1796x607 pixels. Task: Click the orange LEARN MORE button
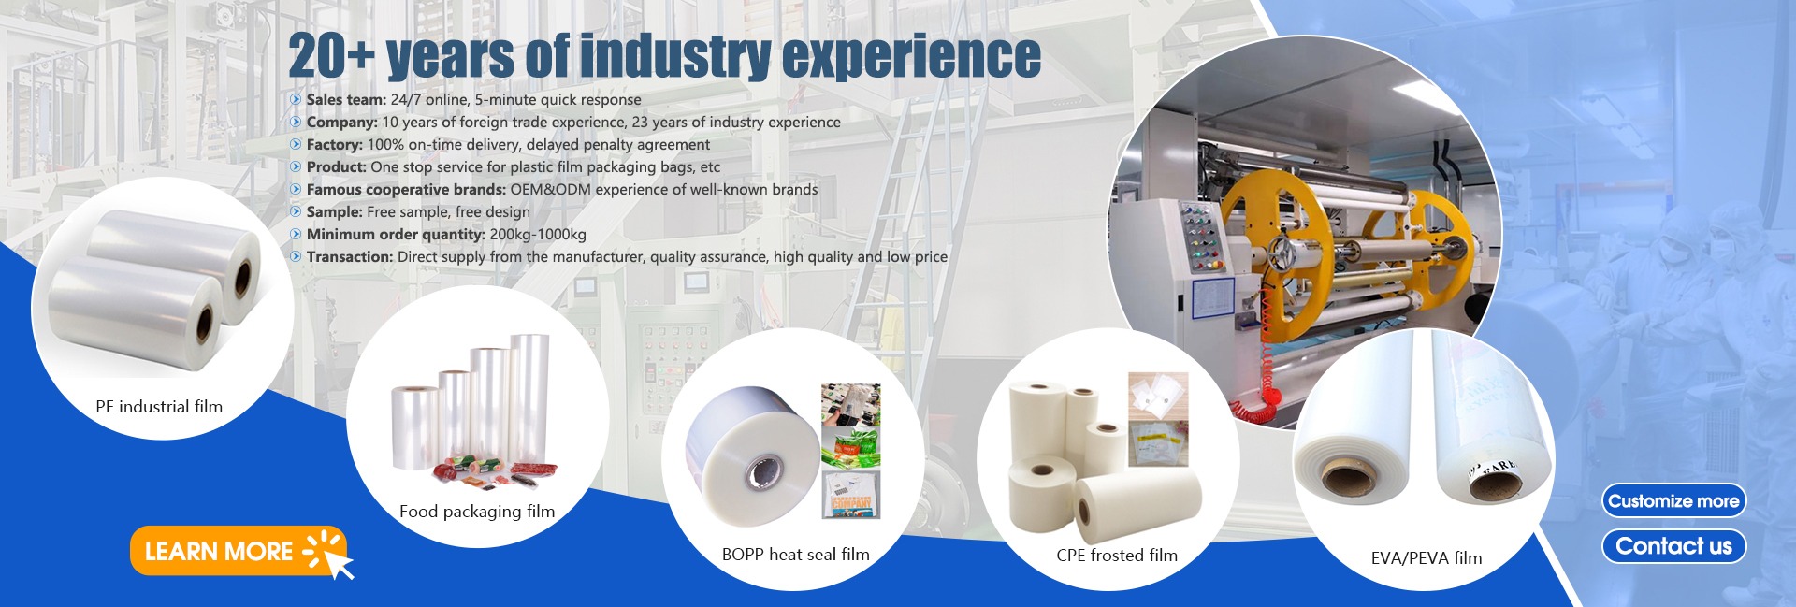(239, 550)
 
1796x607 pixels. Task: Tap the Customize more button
(1673, 501)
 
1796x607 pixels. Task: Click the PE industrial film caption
(159, 407)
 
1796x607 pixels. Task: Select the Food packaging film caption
(477, 512)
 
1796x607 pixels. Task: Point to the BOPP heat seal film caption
(796, 555)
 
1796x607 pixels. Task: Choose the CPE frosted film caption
(1117, 555)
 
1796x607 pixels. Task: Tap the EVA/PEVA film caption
(1427, 558)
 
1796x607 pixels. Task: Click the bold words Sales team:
(346, 100)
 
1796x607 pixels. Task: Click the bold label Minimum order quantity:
(396, 235)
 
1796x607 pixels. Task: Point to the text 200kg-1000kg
(538, 235)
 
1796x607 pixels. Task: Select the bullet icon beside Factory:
(296, 144)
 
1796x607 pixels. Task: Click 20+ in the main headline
(332, 56)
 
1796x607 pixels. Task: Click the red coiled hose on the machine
(1267, 374)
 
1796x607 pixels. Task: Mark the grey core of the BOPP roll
(762, 473)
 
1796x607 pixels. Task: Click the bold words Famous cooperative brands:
(406, 190)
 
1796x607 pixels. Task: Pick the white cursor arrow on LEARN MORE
(337, 562)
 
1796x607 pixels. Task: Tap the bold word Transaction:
(350, 257)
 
